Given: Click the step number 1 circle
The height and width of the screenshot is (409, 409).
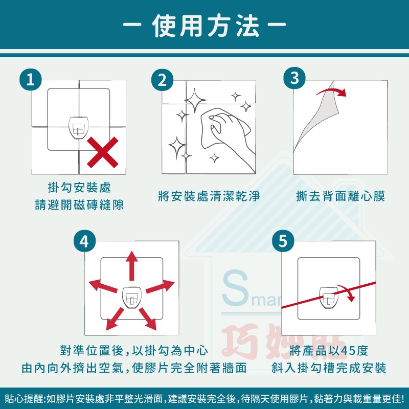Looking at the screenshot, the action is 31,79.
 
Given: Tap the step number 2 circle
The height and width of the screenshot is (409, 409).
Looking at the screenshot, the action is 162,80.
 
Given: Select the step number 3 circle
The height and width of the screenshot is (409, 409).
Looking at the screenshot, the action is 294,78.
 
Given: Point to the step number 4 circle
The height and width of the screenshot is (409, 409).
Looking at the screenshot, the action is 84,241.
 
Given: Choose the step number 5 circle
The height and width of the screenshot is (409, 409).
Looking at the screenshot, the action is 283,241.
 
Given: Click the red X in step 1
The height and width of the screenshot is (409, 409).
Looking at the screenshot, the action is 103,152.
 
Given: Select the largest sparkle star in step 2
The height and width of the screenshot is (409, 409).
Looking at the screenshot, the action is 195,100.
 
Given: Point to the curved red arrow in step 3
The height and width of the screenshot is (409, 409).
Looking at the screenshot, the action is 332,90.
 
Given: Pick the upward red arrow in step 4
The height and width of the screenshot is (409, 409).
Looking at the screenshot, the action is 132,265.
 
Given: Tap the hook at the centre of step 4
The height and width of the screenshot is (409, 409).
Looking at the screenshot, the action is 132,298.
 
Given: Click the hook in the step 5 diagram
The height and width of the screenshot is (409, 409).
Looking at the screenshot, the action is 329,297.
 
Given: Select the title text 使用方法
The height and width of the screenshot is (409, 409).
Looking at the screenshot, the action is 205,26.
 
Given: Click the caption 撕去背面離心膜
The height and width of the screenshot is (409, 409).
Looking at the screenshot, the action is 340,196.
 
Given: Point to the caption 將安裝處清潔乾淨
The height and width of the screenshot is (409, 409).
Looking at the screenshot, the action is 209,196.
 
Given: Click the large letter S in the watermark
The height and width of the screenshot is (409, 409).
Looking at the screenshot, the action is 235,288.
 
